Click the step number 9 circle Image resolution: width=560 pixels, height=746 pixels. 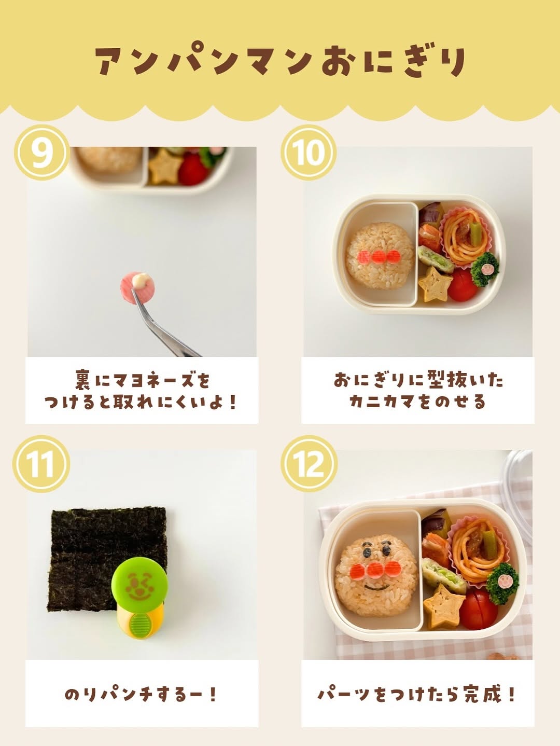point(42,153)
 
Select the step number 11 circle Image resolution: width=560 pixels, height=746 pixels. point(41,464)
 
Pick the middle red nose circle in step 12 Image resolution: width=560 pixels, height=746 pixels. point(375,570)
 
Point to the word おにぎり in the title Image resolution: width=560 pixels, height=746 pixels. point(394,62)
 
